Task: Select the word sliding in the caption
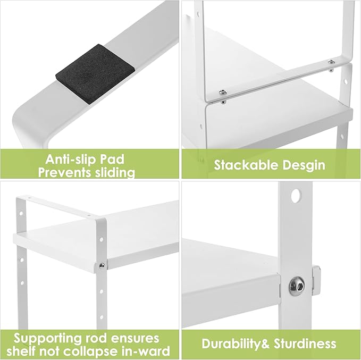114,172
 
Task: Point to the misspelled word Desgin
304,164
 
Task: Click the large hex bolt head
297,287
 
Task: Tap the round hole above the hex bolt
293,197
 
